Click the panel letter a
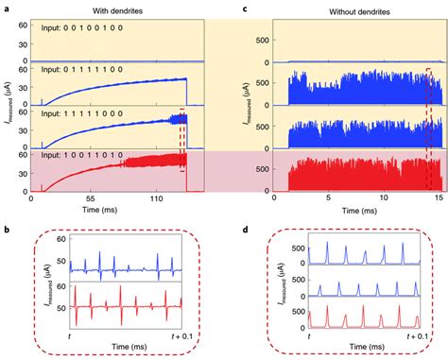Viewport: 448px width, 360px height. click(6, 8)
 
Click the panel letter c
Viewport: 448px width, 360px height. click(246, 8)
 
